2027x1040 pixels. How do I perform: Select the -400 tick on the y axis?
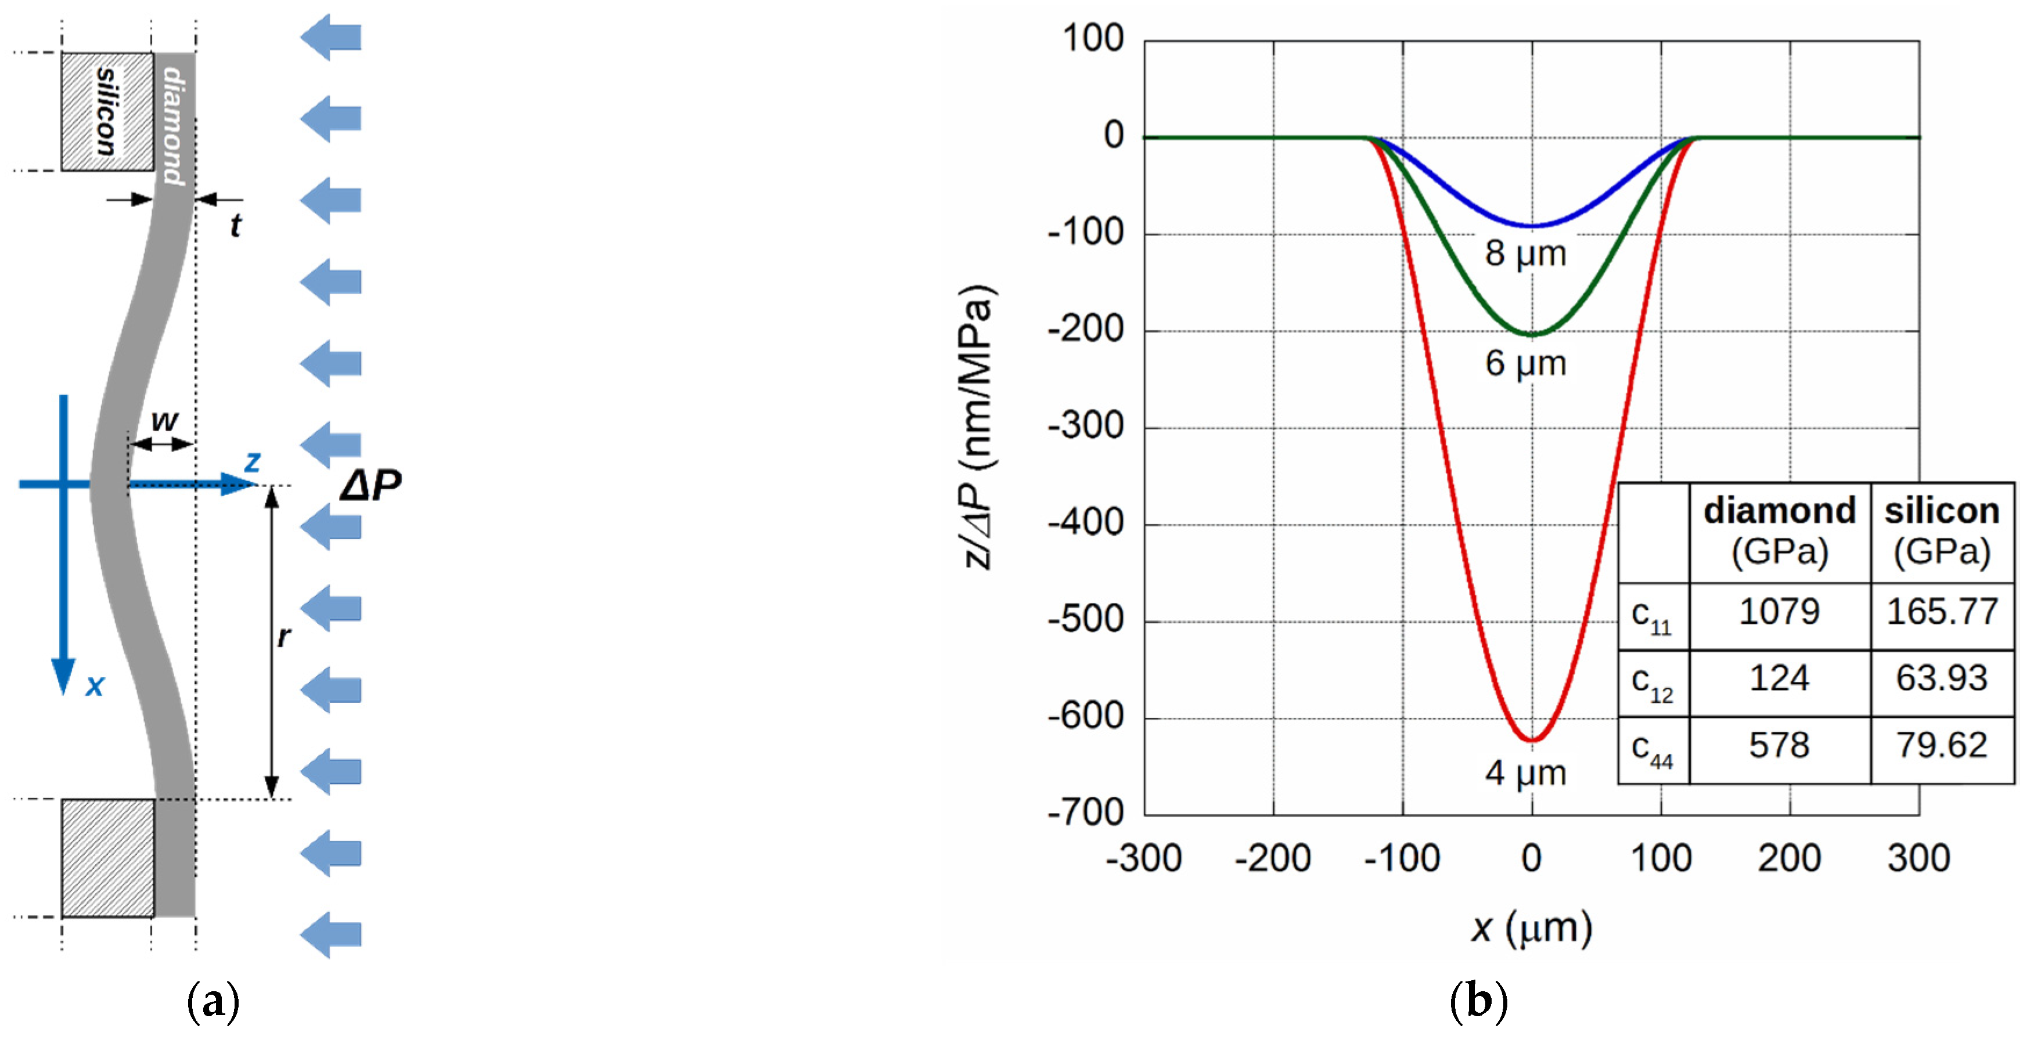pos(1085,523)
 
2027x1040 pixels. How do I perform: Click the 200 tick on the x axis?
pos(1790,858)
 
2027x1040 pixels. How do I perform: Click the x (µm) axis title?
pos(1531,929)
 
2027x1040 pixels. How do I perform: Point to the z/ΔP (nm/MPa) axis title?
pos(979,427)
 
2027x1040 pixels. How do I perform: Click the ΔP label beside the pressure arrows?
pos(370,485)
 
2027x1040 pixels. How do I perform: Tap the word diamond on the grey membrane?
pos(174,126)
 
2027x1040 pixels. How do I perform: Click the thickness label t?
pos(235,226)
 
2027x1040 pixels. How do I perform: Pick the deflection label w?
pos(164,421)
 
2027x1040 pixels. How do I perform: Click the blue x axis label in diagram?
pos(95,686)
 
